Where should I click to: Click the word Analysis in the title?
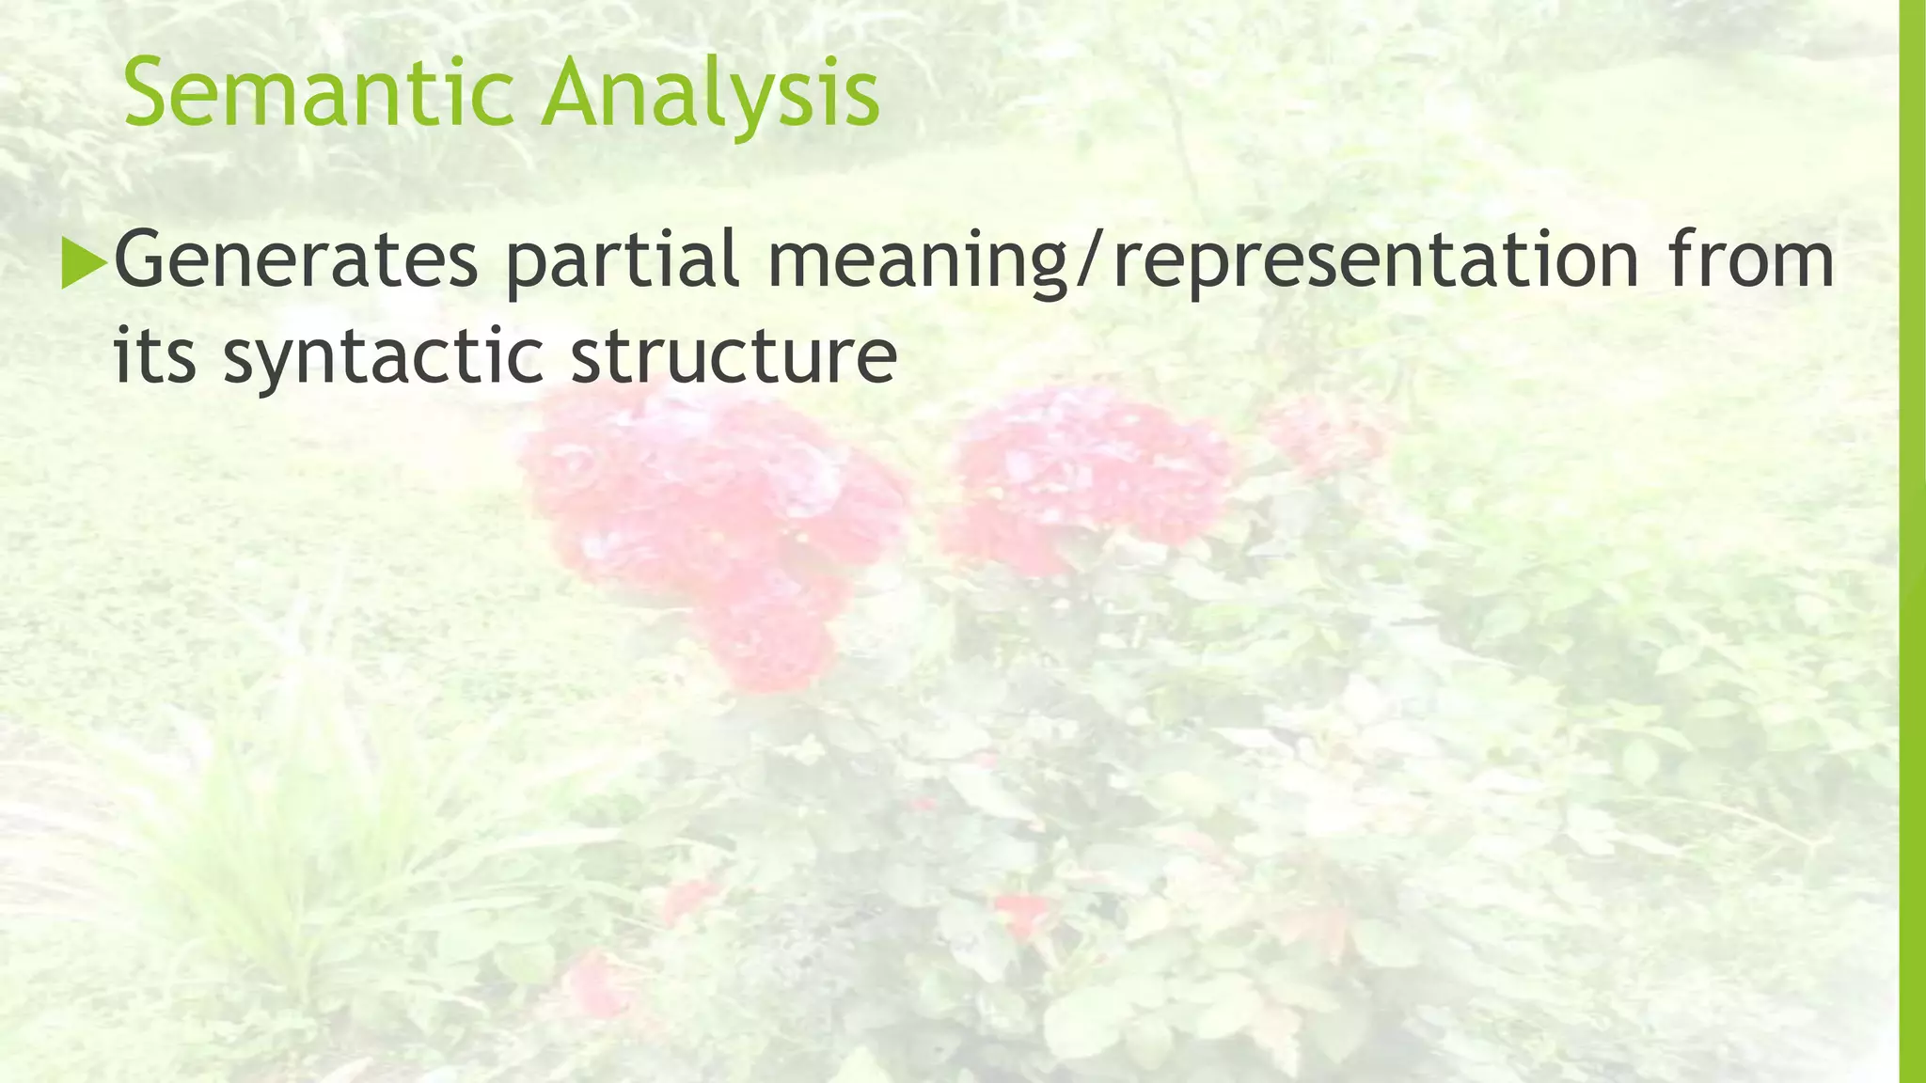[710, 94]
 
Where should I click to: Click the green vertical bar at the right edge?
[1912, 541]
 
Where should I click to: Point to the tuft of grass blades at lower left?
[273, 846]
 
